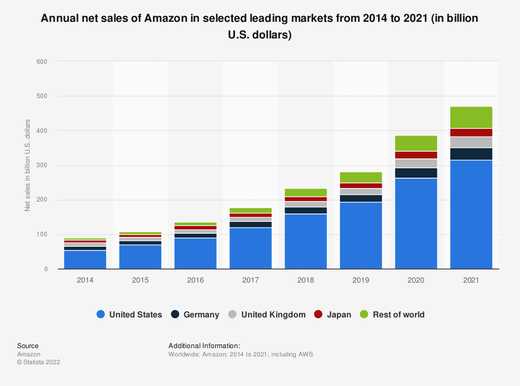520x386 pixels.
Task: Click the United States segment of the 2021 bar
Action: click(471, 215)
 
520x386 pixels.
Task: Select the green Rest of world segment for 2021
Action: click(471, 117)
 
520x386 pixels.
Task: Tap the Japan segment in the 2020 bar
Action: click(415, 155)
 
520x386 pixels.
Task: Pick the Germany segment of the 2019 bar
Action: click(360, 198)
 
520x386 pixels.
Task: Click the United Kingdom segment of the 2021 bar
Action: click(471, 142)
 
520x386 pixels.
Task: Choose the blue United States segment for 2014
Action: click(85, 260)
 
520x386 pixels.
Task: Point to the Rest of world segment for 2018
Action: click(305, 193)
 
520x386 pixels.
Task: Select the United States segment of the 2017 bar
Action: click(250, 248)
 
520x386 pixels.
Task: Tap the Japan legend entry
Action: click(339, 314)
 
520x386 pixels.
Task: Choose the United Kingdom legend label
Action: click(273, 314)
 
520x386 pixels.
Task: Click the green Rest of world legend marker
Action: click(364, 314)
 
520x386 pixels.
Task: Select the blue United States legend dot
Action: click(101, 314)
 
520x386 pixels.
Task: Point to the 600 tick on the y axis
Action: click(42, 62)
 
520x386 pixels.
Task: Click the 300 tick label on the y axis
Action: click(42, 166)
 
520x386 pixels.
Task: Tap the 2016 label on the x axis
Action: click(195, 280)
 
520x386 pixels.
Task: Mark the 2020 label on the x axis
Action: click(415, 280)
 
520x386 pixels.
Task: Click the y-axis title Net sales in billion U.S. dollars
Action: click(28, 165)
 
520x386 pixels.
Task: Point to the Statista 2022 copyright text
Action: click(38, 362)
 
